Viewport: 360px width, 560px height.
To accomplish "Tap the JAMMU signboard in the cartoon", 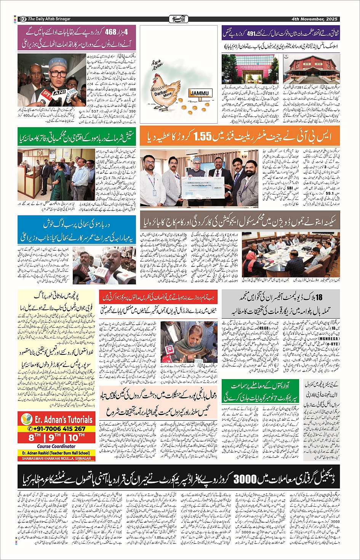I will click(x=200, y=93).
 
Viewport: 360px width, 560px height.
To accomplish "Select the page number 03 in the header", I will click(x=22, y=19).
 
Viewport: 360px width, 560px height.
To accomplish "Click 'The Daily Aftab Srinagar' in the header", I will click(x=49, y=19).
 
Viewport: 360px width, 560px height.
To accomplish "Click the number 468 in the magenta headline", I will click(x=109, y=32).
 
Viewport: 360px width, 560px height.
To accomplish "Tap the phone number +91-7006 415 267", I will click(x=56, y=429).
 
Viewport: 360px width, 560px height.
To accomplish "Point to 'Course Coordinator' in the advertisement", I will click(x=56, y=446).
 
